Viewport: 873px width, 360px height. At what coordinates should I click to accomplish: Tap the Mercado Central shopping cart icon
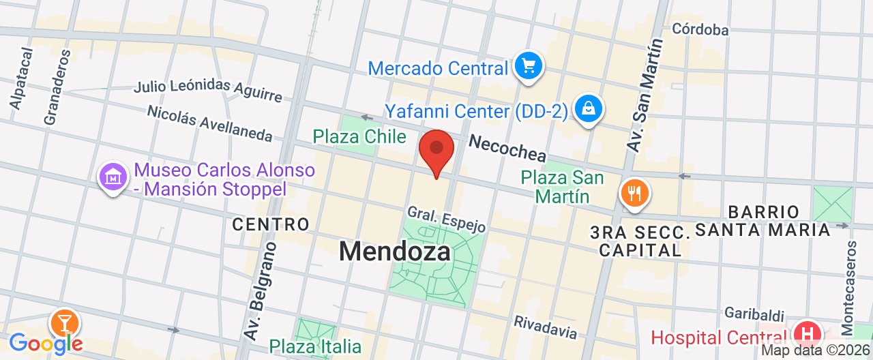(x=528, y=66)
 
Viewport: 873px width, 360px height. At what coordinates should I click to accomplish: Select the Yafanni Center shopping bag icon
(x=587, y=108)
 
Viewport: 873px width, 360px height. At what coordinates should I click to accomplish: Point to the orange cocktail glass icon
(x=65, y=322)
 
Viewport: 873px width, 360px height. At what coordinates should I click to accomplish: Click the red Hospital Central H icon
(x=808, y=335)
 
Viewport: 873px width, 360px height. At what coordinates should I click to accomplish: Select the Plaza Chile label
(x=359, y=136)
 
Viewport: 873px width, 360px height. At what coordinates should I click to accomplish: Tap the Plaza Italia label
(x=315, y=346)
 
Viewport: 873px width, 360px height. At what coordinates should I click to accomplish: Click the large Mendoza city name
(x=395, y=252)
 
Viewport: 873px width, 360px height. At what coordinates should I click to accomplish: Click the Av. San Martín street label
(x=643, y=95)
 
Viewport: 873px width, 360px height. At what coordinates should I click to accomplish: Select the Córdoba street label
(x=700, y=29)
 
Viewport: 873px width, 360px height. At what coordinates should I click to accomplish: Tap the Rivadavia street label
(x=546, y=327)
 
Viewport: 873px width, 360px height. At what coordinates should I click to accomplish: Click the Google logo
(x=45, y=342)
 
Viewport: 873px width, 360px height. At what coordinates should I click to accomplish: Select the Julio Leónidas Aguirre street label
(x=207, y=91)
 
